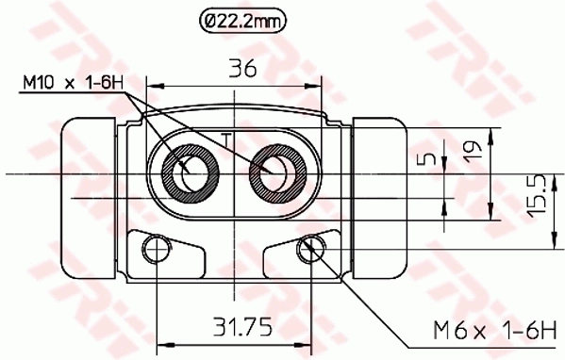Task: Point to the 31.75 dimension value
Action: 241,327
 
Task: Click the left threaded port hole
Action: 192,172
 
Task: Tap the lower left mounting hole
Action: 155,249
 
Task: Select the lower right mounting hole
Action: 306,249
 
